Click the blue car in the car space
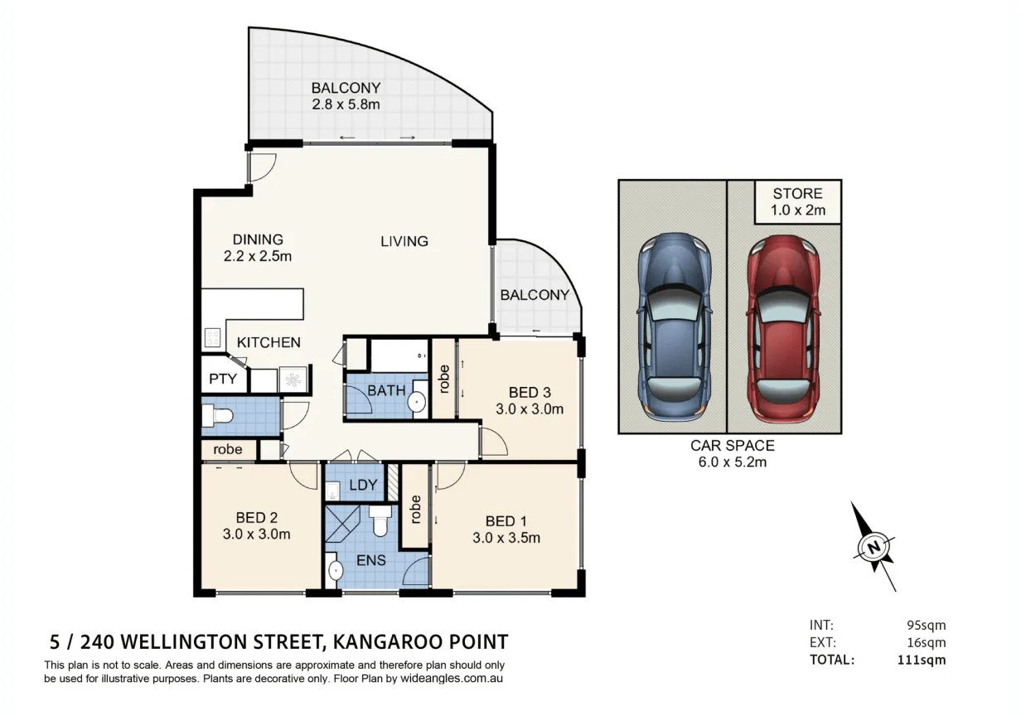pos(675,327)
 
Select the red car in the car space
pos(783,329)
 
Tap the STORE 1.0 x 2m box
pos(797,202)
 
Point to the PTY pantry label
pos(223,379)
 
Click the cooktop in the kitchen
pos(212,338)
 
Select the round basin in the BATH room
pos(416,402)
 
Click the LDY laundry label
pos(363,485)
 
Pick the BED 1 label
pos(506,521)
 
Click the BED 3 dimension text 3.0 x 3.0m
pos(530,409)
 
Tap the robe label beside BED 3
pos(444,380)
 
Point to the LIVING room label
pos(404,241)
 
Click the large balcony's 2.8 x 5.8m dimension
pos(346,104)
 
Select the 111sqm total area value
pos(922,660)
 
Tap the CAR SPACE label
pos(733,445)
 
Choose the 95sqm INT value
pos(927,626)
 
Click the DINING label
pos(258,239)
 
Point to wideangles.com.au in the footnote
pos(451,679)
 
